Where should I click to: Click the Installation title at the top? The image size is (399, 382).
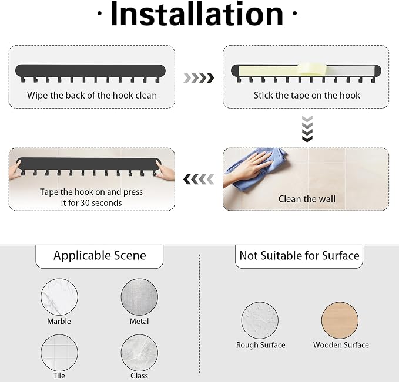[x=197, y=14]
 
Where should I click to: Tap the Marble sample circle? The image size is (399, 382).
[x=59, y=297]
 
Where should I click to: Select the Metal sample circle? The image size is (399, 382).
[x=139, y=297]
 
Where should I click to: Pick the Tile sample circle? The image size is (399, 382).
[x=59, y=353]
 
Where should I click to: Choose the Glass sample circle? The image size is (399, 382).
[x=139, y=353]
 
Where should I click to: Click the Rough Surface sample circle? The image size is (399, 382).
[x=260, y=320]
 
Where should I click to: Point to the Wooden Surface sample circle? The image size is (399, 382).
[x=340, y=320]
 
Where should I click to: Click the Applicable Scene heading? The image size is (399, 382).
[x=100, y=255]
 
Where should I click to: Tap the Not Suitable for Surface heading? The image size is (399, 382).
[x=299, y=255]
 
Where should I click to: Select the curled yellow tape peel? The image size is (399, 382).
[x=312, y=69]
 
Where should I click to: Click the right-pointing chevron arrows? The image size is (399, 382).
[x=199, y=78]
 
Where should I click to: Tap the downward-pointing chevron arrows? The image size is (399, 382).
[x=307, y=129]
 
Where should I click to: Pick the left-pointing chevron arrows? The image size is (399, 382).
[x=199, y=180]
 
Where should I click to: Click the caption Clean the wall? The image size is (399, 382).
[x=307, y=199]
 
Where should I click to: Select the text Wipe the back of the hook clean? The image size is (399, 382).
[x=92, y=95]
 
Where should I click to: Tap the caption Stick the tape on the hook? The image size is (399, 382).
[x=307, y=95]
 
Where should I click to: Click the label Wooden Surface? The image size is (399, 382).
[x=341, y=345]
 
